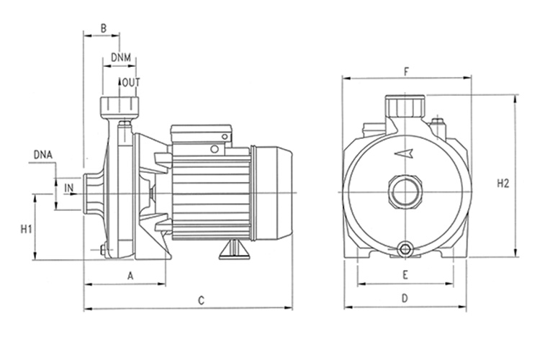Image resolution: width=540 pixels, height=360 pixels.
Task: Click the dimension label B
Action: [x=103, y=28]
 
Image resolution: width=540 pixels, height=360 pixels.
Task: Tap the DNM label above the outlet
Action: [x=121, y=57]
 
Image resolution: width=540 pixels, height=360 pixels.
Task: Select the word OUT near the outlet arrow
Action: [x=131, y=82]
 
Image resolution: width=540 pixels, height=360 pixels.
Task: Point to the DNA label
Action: [x=43, y=155]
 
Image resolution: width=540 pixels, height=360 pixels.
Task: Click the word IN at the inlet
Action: [x=69, y=188]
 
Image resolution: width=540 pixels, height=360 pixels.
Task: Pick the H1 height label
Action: [x=26, y=229]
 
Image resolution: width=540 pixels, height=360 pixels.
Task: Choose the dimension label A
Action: [x=130, y=276]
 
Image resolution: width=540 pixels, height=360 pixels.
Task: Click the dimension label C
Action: [x=201, y=300]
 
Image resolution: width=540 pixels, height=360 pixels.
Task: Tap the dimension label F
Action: [x=406, y=72]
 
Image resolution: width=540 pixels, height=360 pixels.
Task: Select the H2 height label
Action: [x=503, y=184]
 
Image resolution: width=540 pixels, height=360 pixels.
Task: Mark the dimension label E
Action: [x=405, y=275]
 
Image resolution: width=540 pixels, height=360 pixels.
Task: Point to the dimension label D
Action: [x=405, y=298]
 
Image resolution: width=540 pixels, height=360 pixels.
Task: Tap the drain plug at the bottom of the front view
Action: [x=405, y=249]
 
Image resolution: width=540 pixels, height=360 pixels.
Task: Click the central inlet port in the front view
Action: [x=405, y=192]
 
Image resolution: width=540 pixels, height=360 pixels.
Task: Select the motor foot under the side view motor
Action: [x=235, y=249]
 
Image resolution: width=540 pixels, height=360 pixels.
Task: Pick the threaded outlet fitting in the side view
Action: [x=119, y=107]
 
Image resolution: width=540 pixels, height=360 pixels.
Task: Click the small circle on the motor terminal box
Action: [x=215, y=149]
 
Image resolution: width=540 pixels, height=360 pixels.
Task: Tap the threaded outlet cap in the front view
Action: [x=405, y=106]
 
